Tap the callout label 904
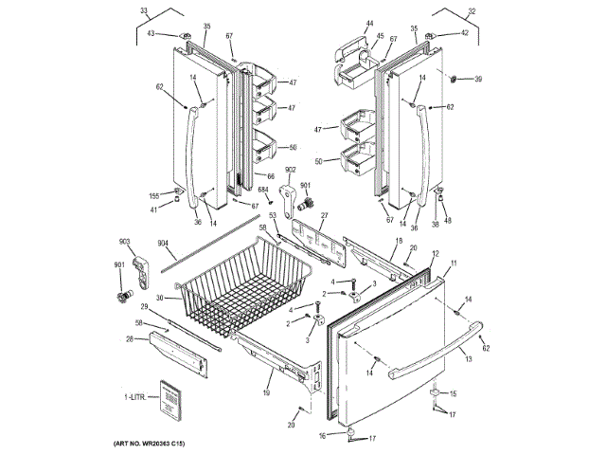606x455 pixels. [x=164, y=244]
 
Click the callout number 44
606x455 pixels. [x=369, y=23]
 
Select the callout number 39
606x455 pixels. [x=477, y=79]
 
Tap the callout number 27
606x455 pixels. [x=323, y=216]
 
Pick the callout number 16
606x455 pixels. [x=322, y=434]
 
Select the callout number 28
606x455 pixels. [x=129, y=337]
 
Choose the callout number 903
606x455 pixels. [x=124, y=243]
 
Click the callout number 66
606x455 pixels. [x=271, y=176]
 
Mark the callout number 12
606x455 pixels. [x=435, y=253]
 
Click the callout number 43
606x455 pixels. [x=151, y=34]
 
